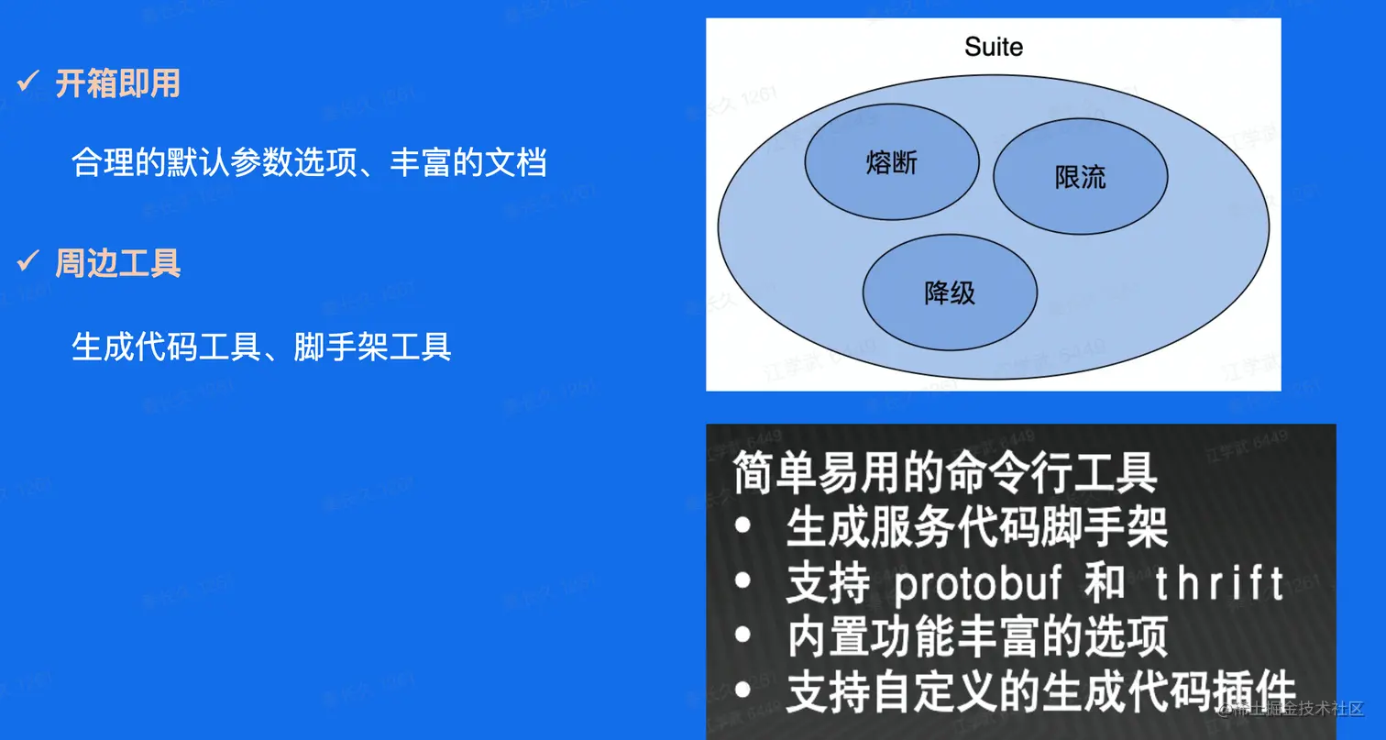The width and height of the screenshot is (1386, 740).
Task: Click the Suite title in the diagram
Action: [993, 47]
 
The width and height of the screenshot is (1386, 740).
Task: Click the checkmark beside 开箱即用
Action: [28, 81]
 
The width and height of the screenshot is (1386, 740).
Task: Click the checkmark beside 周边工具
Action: [28, 261]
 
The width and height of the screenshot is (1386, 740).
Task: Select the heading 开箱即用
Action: [117, 83]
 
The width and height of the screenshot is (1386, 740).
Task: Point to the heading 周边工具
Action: [117, 263]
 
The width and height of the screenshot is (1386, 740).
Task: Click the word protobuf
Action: [977, 584]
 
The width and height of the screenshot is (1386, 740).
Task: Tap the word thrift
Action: [1219, 583]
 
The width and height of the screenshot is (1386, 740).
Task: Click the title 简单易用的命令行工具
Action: [945, 472]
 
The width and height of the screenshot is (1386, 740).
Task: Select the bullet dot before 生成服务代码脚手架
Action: [742, 526]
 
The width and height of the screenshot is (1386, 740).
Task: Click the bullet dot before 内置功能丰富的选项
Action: [742, 635]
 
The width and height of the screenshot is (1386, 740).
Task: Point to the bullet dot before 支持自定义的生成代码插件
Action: [742, 690]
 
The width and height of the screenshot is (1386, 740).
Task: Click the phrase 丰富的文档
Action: [468, 162]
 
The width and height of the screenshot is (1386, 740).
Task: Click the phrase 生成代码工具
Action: [166, 347]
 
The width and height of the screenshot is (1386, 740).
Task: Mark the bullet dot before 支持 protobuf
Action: [742, 580]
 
